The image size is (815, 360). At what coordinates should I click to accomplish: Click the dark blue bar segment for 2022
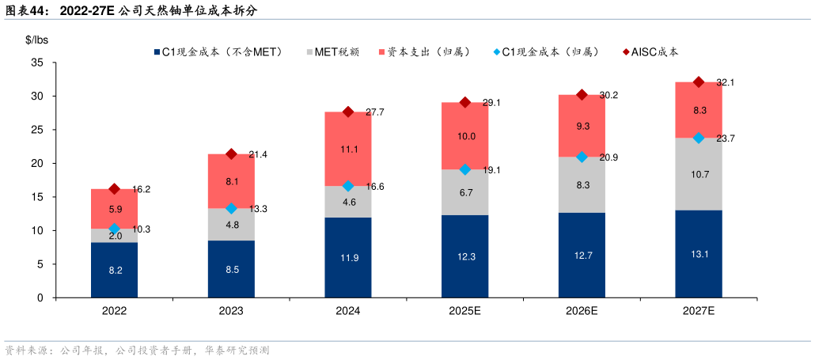coord(115,271)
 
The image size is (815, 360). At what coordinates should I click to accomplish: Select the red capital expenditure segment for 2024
coord(348,149)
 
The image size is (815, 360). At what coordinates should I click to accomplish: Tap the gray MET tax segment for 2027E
coord(699,174)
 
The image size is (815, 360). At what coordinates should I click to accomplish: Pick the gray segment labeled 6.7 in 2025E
coord(465,192)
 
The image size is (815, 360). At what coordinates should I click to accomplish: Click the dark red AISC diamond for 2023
coord(232,153)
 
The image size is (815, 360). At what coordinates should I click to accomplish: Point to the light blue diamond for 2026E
coord(582,157)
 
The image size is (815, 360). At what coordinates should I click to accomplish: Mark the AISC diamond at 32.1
coord(699,81)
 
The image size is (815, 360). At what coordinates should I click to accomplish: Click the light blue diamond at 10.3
coord(115,229)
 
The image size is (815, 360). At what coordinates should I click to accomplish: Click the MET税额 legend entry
coord(332,52)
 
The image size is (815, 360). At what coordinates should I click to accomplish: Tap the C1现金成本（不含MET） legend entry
coord(214,52)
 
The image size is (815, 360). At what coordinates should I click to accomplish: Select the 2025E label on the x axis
coord(465,311)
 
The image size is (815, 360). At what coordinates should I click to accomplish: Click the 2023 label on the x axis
coord(232,311)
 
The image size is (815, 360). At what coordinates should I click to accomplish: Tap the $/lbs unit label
coord(37,39)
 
